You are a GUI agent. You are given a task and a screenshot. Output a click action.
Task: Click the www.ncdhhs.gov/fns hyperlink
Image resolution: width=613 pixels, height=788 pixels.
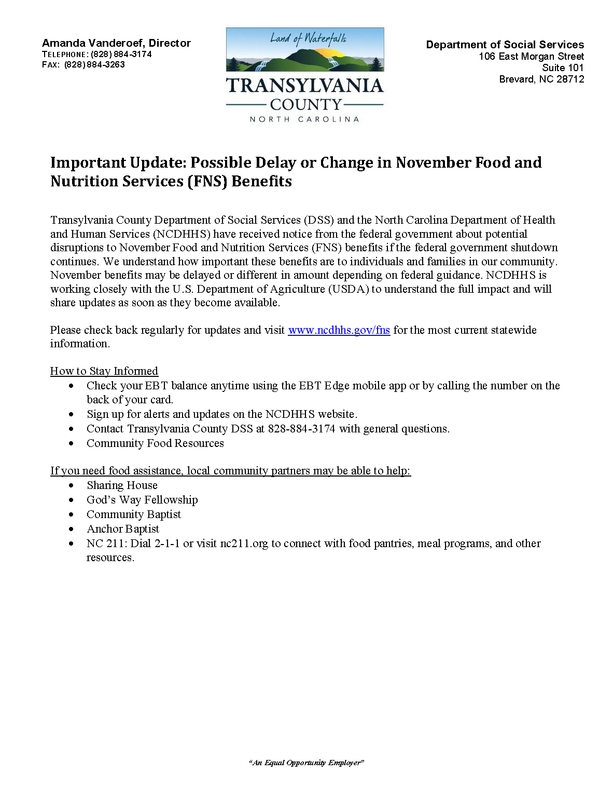tap(339, 330)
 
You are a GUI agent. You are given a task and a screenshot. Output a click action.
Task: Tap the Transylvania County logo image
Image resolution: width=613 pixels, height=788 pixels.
tap(305, 75)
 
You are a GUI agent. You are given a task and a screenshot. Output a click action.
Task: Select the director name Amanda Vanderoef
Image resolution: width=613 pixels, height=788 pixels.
tap(94, 43)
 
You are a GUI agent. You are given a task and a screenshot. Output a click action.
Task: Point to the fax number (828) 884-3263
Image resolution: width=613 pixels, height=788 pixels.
tap(94, 65)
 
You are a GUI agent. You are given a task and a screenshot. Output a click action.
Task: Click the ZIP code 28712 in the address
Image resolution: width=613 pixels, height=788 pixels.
tap(570, 79)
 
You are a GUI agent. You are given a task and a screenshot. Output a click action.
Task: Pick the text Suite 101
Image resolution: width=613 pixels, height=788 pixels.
tap(563, 68)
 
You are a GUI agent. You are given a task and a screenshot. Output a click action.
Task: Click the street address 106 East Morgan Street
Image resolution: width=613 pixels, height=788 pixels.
tap(531, 57)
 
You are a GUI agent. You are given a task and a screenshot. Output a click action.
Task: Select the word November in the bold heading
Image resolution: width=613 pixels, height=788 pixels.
tap(433, 163)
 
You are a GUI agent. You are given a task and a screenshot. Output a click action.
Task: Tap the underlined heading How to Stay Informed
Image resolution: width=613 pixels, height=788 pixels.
tap(104, 371)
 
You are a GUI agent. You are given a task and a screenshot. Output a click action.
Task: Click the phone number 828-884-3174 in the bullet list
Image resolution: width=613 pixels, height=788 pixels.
tap(301, 429)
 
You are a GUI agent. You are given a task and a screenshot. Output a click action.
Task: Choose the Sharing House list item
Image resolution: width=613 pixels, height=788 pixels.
tap(122, 485)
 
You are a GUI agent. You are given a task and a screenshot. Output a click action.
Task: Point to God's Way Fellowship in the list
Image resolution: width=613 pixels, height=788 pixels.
tap(142, 500)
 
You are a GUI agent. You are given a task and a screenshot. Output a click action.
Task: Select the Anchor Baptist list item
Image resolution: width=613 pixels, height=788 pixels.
tap(123, 529)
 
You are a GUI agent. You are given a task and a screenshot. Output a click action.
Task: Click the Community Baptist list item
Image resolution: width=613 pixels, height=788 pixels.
tap(134, 514)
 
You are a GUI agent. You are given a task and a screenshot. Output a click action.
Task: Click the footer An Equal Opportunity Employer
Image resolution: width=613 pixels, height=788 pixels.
tap(306, 763)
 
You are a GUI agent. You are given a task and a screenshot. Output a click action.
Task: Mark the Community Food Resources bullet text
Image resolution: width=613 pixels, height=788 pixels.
tap(155, 443)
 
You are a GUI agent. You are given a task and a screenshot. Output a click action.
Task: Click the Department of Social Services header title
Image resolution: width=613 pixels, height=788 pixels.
tap(505, 45)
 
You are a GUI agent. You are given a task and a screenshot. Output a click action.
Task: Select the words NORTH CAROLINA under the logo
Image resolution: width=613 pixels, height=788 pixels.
tap(304, 119)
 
